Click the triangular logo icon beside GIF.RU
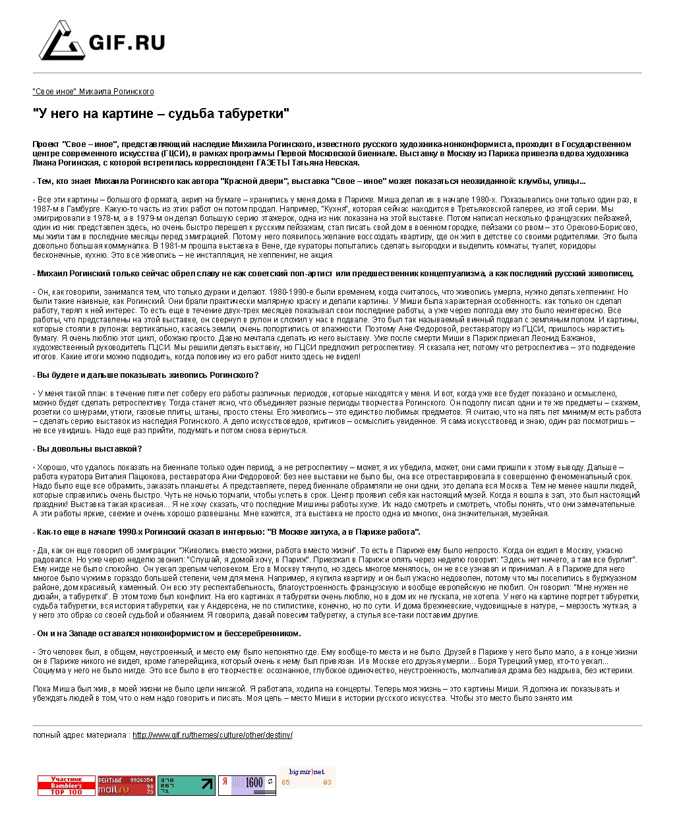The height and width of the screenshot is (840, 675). click(61, 41)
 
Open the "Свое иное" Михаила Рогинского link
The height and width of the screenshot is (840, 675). click(93, 92)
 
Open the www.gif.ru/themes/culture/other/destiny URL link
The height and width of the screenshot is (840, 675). click(212, 735)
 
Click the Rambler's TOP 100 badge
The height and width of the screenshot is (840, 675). click(67, 786)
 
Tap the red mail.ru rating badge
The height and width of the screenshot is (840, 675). click(126, 786)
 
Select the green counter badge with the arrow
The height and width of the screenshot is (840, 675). click(186, 785)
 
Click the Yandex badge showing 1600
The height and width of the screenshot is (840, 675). click(247, 785)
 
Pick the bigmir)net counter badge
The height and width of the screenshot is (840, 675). click(307, 777)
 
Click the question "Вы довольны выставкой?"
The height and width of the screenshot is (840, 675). click(88, 449)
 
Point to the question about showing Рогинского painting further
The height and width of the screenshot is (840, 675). click(146, 375)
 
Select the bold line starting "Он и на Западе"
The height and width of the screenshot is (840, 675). click(167, 634)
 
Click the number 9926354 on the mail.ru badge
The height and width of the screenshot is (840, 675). click(142, 780)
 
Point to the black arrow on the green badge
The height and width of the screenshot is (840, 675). click(207, 785)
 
